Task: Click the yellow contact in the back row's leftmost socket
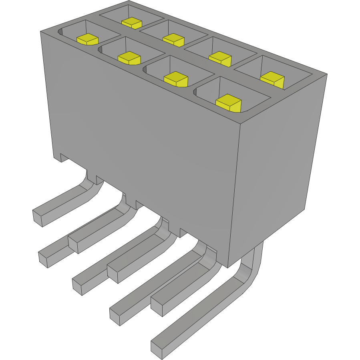132,23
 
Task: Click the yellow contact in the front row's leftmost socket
88,39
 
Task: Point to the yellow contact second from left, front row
129,58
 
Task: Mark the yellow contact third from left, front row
176,79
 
